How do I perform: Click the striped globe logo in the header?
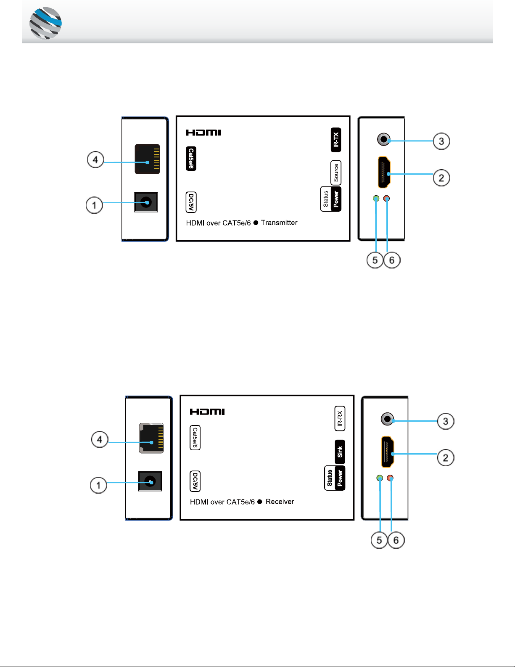pyautogui.click(x=45, y=23)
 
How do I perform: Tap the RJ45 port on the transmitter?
pyautogui.click(x=147, y=159)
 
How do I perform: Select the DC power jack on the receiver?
pyautogui.click(x=150, y=481)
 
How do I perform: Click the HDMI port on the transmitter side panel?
pyautogui.click(x=384, y=172)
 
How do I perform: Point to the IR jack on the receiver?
pyautogui.click(x=388, y=419)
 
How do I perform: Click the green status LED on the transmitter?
pyautogui.click(x=376, y=199)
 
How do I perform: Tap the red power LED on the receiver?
pyautogui.click(x=390, y=478)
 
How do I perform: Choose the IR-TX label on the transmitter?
pyautogui.click(x=336, y=140)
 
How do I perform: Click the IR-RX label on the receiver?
pyautogui.click(x=340, y=418)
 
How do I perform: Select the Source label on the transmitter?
pyautogui.click(x=336, y=173)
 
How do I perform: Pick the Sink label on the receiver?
pyautogui.click(x=340, y=452)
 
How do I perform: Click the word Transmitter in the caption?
pyautogui.click(x=279, y=223)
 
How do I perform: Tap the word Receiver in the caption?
pyautogui.click(x=280, y=502)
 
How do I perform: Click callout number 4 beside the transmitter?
pyautogui.click(x=95, y=159)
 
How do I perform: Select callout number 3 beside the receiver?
pyautogui.click(x=445, y=421)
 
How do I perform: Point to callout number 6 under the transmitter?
pyautogui.click(x=392, y=260)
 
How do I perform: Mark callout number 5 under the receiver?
pyautogui.click(x=379, y=540)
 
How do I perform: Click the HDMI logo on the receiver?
pyautogui.click(x=207, y=412)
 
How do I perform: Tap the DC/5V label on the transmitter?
pyautogui.click(x=191, y=202)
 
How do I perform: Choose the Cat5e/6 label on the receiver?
pyautogui.click(x=195, y=437)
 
